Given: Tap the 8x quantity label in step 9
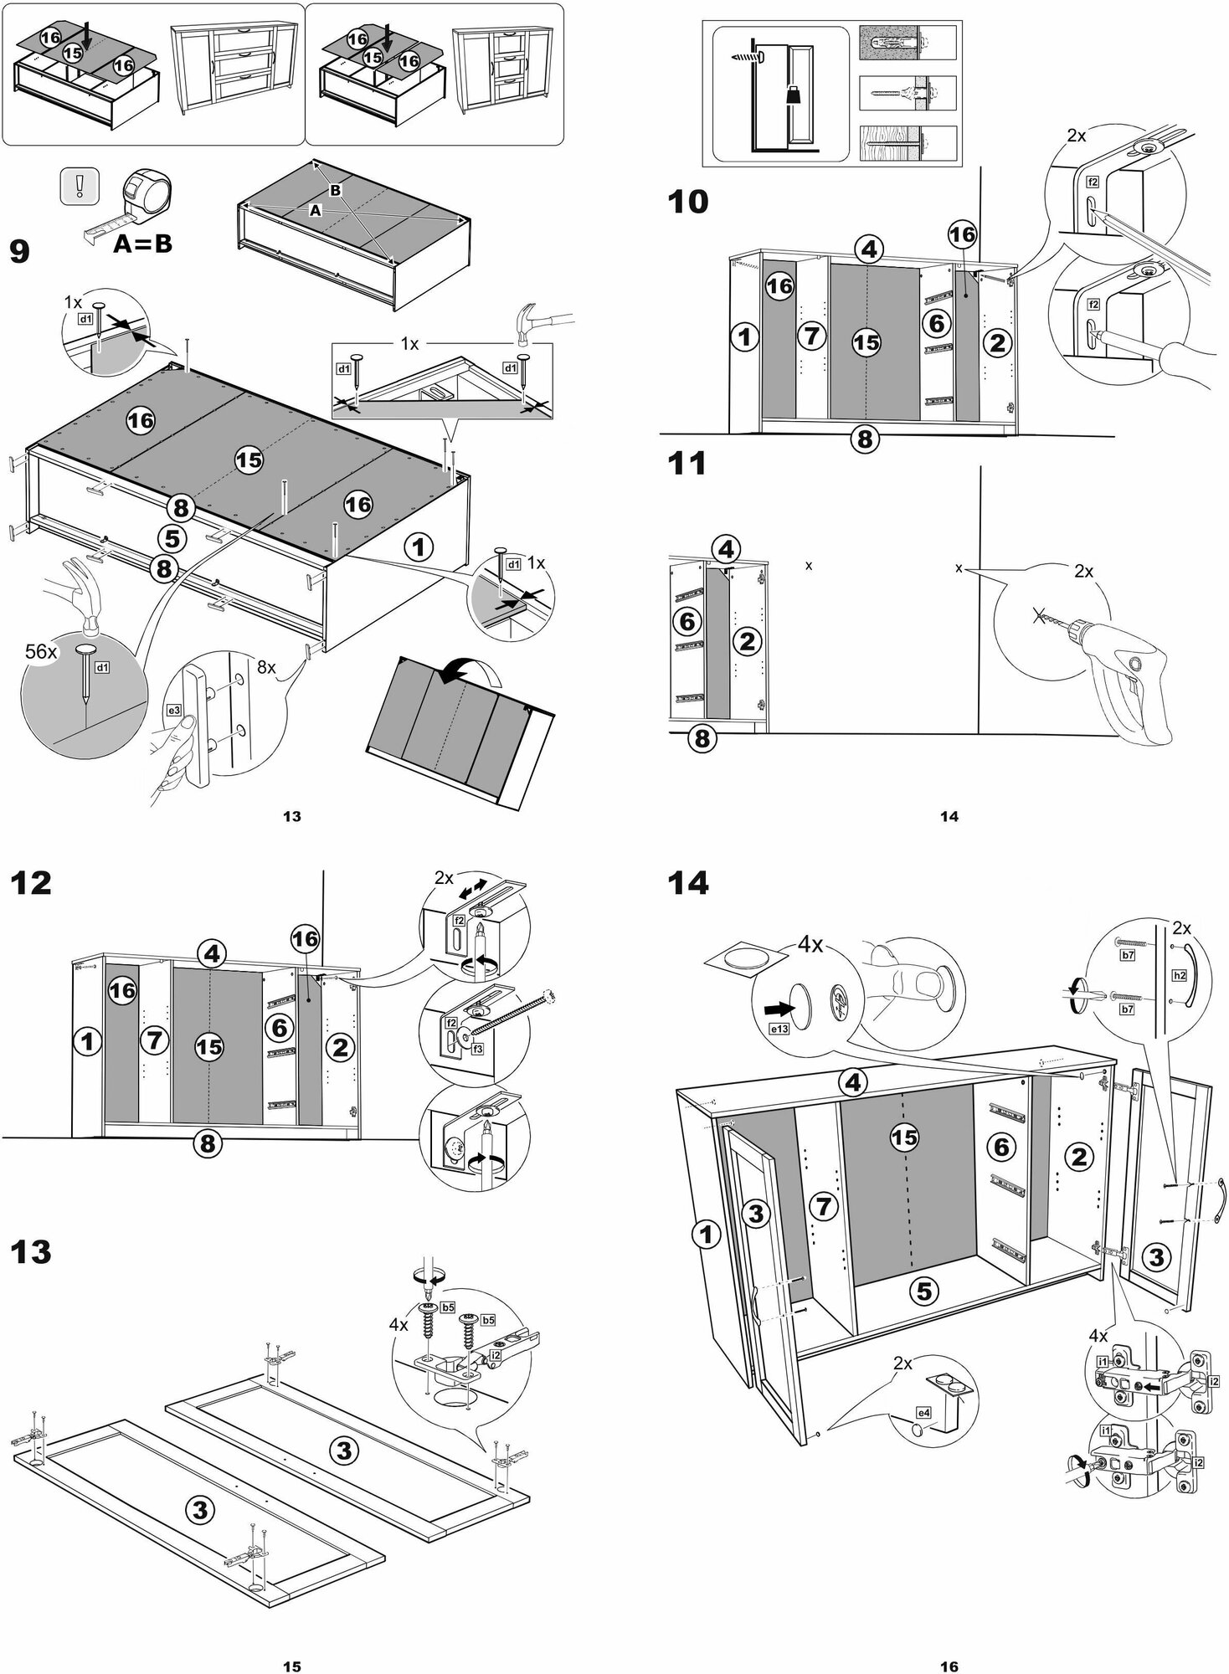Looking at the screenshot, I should pos(266,668).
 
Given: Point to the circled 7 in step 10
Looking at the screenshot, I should pos(810,336).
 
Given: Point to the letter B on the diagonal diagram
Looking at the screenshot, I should pos(335,191).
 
